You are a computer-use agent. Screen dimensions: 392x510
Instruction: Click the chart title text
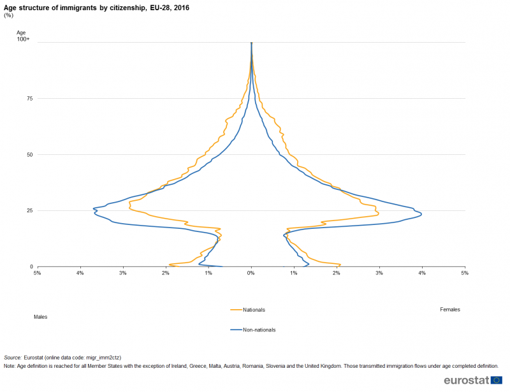96,8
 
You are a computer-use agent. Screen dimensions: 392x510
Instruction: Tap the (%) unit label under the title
8,15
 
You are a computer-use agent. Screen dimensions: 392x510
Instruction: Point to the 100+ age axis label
24,40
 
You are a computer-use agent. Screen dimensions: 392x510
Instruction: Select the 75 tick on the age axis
29,98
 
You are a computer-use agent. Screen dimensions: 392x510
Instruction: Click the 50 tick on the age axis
29,154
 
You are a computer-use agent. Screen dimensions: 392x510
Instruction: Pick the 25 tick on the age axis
29,210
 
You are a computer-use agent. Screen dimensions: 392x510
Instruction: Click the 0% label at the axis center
251,273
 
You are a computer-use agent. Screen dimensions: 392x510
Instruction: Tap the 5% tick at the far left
37,273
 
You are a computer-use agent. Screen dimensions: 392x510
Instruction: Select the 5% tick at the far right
465,273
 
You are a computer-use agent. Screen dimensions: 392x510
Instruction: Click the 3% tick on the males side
122,273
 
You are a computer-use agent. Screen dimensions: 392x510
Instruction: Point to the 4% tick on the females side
422,273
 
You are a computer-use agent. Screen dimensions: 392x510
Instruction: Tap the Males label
41,317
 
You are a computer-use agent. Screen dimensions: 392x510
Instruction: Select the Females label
449,309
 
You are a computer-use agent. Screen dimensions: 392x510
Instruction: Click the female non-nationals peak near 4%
421,215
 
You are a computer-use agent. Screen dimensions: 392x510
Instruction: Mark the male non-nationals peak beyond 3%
94,209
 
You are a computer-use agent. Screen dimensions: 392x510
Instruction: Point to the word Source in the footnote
12,358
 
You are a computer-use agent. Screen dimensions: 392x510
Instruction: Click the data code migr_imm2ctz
103,358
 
